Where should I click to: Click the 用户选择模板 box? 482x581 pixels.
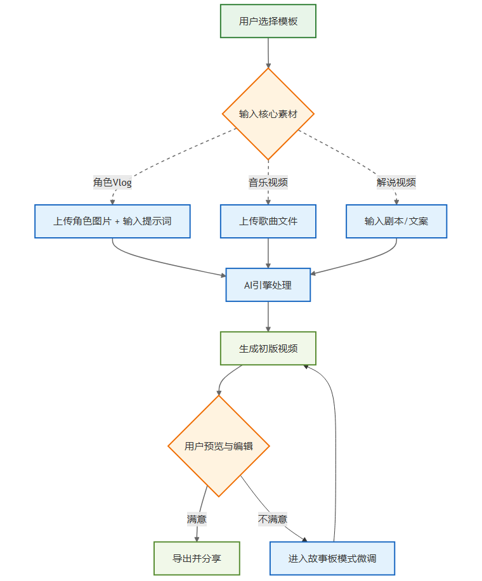click(268, 21)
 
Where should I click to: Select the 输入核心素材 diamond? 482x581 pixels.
click(268, 114)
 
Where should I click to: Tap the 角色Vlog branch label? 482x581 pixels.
click(112, 183)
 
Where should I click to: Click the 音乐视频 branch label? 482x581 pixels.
click(268, 183)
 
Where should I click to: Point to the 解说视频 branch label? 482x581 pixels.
click(396, 183)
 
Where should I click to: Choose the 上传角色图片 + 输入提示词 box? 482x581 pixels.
click(112, 221)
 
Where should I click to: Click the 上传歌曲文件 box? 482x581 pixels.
click(268, 221)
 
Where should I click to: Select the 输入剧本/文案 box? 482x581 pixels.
click(396, 221)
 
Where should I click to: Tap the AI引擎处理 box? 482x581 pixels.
click(268, 285)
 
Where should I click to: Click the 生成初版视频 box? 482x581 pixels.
click(268, 348)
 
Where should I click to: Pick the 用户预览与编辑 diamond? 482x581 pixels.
click(219, 446)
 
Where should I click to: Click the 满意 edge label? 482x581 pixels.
click(197, 519)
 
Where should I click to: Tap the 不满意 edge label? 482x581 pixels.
click(273, 519)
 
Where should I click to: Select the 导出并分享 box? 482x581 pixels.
click(197, 558)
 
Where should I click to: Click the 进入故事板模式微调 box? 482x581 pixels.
click(332, 558)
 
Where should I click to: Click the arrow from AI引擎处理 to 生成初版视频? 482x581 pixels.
click(268, 317)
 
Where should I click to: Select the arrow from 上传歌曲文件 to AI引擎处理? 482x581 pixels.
click(268, 254)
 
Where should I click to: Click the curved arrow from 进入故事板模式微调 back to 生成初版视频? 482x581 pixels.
click(335, 444)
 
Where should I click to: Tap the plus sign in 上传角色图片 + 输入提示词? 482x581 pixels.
click(117, 221)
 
